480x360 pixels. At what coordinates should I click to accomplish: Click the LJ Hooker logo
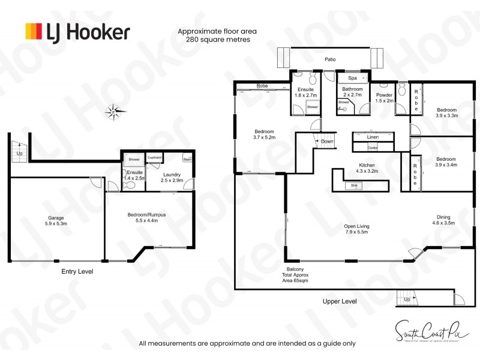77,31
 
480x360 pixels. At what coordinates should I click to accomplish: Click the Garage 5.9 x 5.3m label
56,221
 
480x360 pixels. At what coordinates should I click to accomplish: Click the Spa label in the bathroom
353,78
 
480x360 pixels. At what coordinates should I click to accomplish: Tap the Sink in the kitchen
353,186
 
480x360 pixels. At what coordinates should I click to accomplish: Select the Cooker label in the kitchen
373,148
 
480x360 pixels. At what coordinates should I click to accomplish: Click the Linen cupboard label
373,137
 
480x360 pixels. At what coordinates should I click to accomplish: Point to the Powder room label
384,98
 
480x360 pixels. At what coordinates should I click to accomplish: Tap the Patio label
330,59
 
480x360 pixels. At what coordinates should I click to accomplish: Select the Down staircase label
327,142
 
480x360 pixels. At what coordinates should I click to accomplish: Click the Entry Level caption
77,271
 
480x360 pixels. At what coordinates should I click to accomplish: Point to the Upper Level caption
340,301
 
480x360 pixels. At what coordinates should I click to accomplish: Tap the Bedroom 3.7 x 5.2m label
264,134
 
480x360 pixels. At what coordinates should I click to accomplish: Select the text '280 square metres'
214,40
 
